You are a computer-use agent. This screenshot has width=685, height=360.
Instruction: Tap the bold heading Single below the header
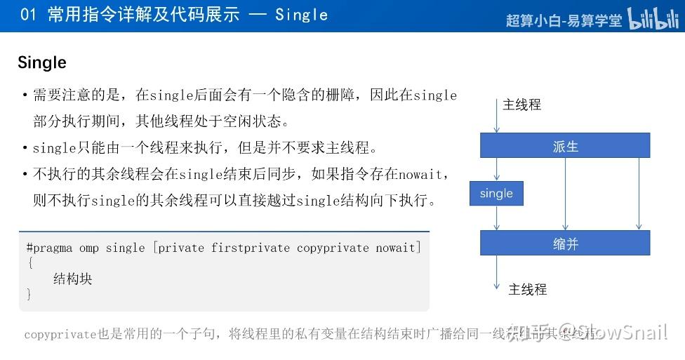coord(42,62)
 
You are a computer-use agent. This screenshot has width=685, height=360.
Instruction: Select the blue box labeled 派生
coord(565,147)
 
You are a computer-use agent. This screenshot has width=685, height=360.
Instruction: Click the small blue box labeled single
coord(496,194)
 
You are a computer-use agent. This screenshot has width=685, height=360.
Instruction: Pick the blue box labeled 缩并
coord(565,244)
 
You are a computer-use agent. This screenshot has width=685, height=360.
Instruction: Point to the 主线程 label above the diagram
coord(521,105)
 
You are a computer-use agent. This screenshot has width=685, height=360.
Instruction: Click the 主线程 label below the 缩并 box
coord(527,289)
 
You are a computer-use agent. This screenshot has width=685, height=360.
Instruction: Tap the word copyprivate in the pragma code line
coord(333,248)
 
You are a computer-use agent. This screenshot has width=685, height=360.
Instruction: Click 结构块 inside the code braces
coord(73,279)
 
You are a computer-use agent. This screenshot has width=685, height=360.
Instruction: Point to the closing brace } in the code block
coord(29,294)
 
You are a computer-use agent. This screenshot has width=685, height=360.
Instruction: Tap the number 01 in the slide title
coord(28,15)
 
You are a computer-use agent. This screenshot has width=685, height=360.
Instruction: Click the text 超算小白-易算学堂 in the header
coord(564,20)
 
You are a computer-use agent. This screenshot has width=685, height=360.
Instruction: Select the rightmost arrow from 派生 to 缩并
coord(639,194)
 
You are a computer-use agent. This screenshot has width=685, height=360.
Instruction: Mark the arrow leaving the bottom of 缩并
coord(496,270)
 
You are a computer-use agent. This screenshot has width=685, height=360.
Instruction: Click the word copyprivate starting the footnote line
coord(59,335)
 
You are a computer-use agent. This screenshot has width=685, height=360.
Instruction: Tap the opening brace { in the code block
coord(29,263)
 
